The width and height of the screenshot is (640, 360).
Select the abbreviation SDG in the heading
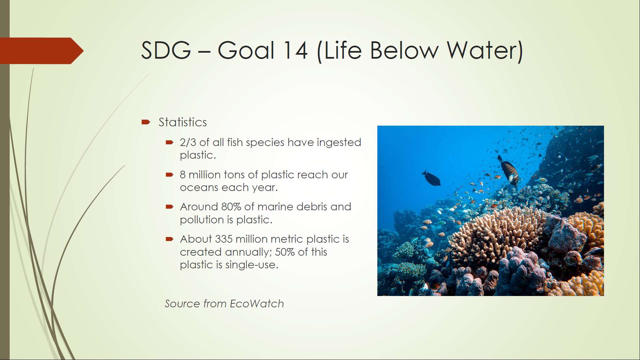(166, 50)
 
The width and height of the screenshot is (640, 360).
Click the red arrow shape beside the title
(42, 51)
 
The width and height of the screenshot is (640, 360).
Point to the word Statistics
(183, 122)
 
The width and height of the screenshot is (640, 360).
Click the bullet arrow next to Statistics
(146, 122)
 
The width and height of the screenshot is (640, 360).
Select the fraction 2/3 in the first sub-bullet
(188, 142)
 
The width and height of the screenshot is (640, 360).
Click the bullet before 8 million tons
(169, 175)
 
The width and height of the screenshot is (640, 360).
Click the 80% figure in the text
(231, 207)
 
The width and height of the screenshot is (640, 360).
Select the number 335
(224, 239)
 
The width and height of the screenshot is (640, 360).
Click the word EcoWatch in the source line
(257, 304)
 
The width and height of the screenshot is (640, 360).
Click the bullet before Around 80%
(169, 207)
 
